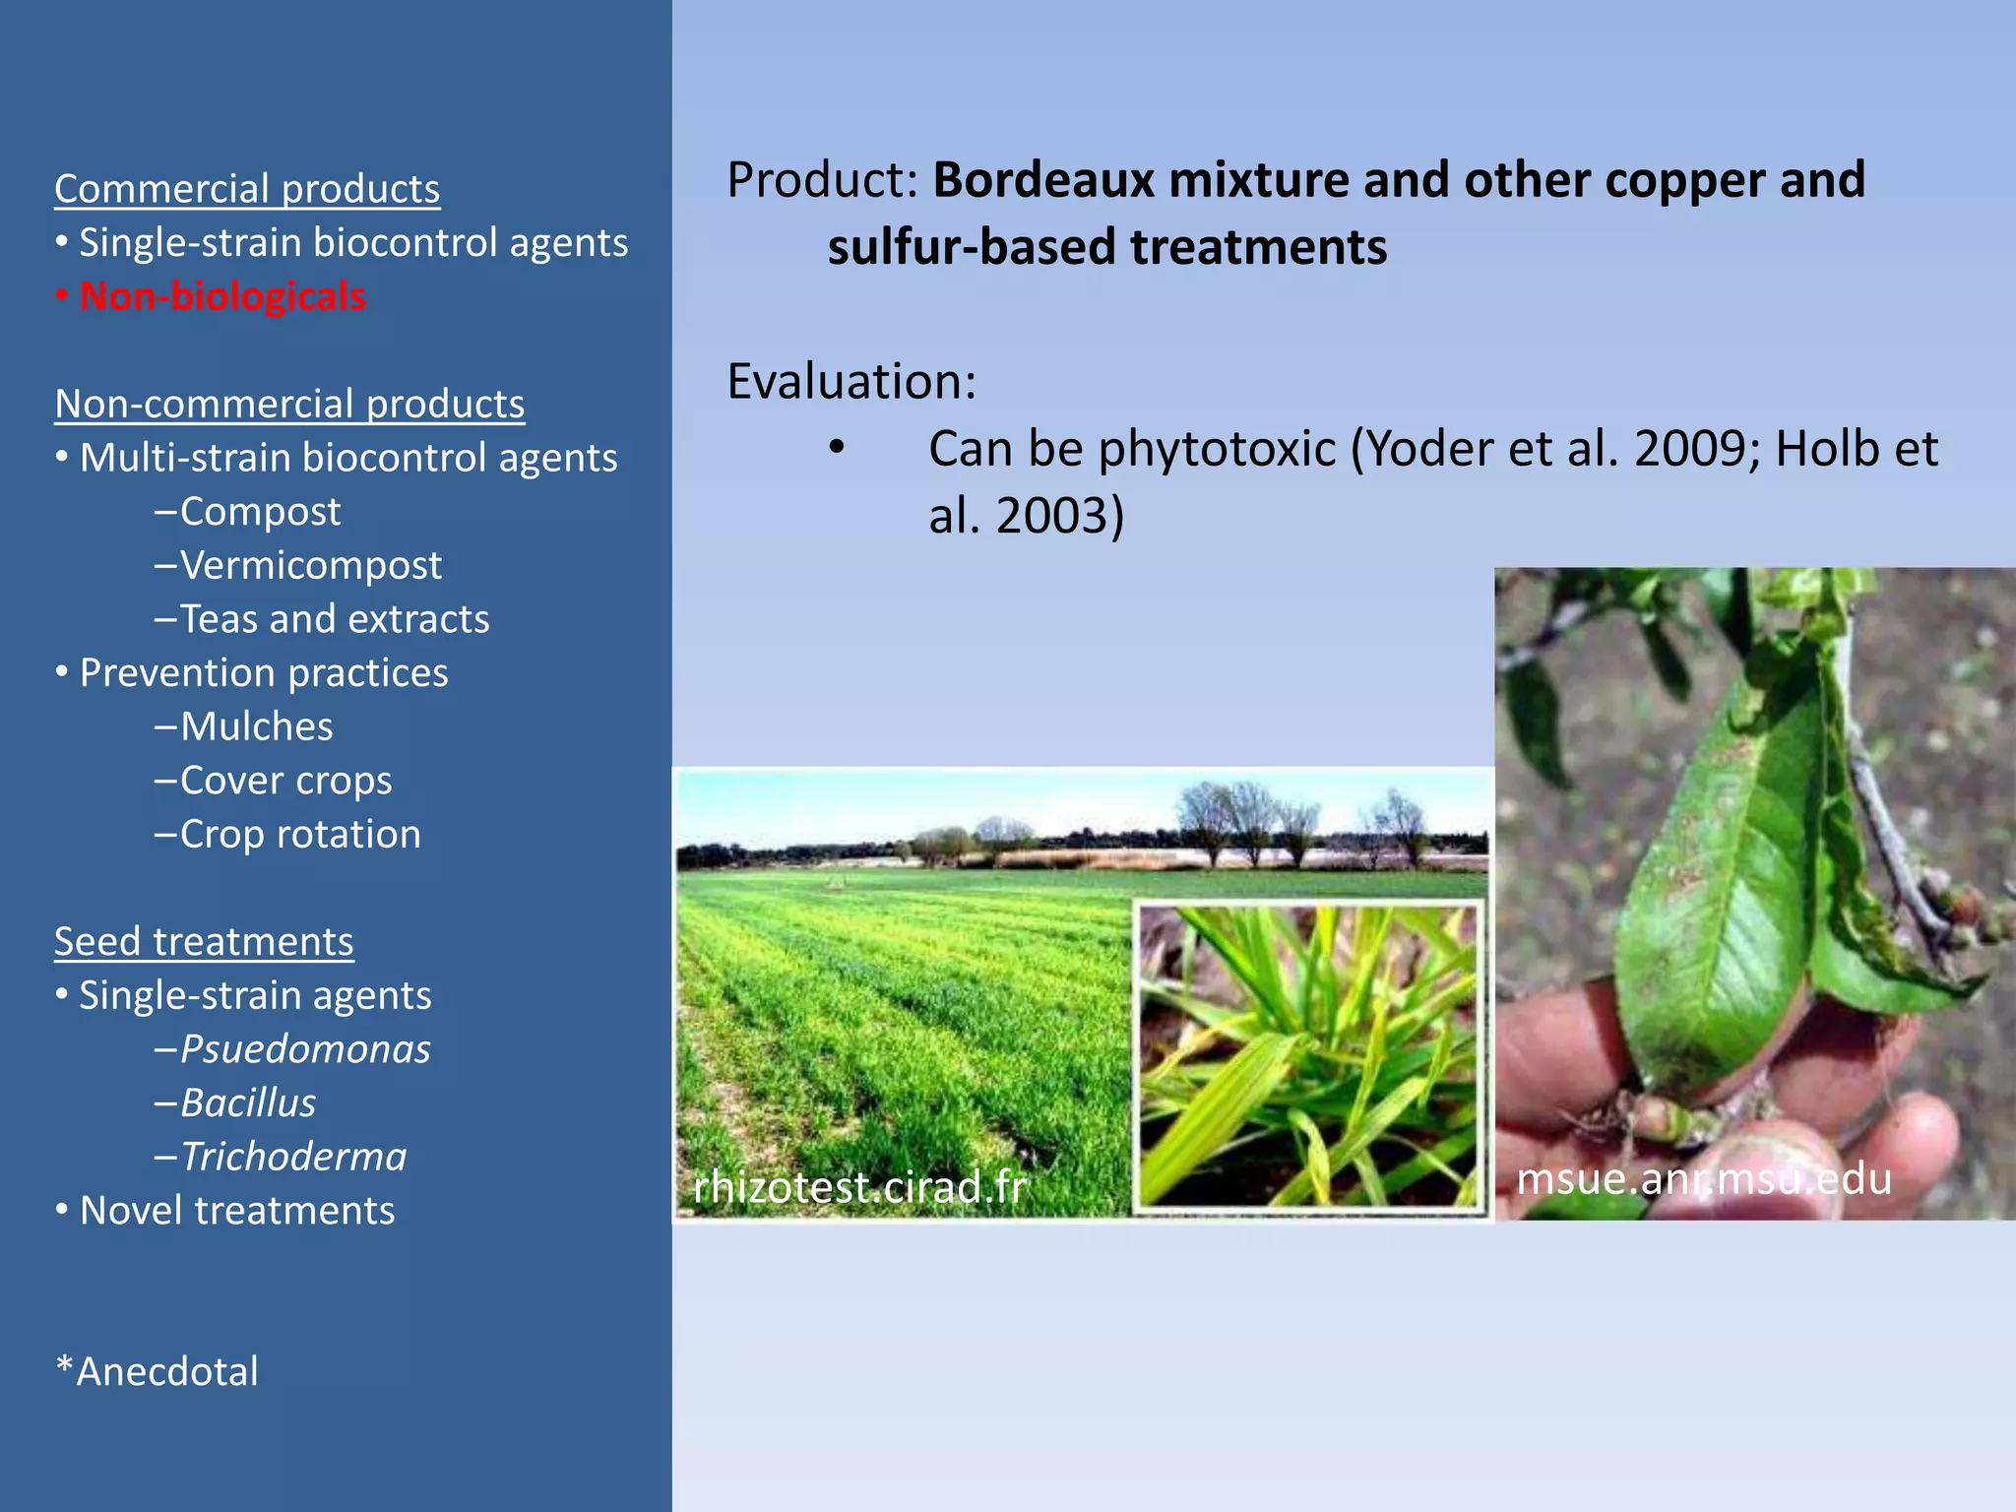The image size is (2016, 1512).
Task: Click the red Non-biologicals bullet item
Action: click(221, 296)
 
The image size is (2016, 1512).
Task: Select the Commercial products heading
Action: click(247, 189)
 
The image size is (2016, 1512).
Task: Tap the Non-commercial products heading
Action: click(289, 404)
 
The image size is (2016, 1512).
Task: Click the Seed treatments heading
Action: click(204, 941)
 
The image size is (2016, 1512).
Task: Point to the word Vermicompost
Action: click(310, 565)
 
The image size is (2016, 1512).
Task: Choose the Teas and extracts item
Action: click(334, 619)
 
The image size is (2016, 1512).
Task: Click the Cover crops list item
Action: click(285, 781)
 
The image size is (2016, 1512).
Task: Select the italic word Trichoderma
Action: click(293, 1157)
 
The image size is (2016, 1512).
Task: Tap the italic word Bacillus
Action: click(248, 1102)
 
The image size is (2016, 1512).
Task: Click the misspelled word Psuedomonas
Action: click(305, 1049)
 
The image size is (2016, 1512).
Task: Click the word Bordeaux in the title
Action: click(1042, 180)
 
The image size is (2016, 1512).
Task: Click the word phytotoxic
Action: click(1217, 449)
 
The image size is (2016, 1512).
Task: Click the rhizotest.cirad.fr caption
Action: click(859, 1186)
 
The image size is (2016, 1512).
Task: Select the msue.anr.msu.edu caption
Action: click(1703, 1178)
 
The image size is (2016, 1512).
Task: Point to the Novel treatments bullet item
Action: click(236, 1211)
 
